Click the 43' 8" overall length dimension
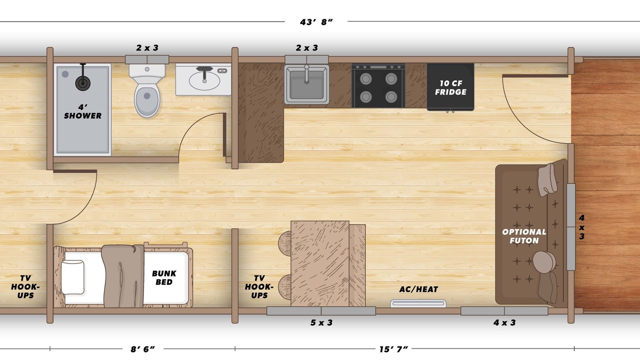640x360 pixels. (x=316, y=22)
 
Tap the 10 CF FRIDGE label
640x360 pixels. (x=450, y=87)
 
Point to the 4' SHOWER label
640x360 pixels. (x=82, y=111)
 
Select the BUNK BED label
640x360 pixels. (x=164, y=277)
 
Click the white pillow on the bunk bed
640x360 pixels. (x=73, y=277)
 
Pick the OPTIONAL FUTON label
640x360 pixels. (x=524, y=236)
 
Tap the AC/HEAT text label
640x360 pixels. (x=418, y=289)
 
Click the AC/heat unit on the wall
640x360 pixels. (x=418, y=303)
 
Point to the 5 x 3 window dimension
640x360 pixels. (x=321, y=322)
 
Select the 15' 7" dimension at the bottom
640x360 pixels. (x=393, y=349)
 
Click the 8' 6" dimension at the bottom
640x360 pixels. (x=142, y=349)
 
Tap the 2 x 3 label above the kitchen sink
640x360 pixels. (x=307, y=47)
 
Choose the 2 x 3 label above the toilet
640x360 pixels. (x=147, y=47)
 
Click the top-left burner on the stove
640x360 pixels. (x=365, y=78)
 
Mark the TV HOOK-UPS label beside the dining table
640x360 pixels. (x=259, y=286)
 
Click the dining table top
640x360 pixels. (x=320, y=263)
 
